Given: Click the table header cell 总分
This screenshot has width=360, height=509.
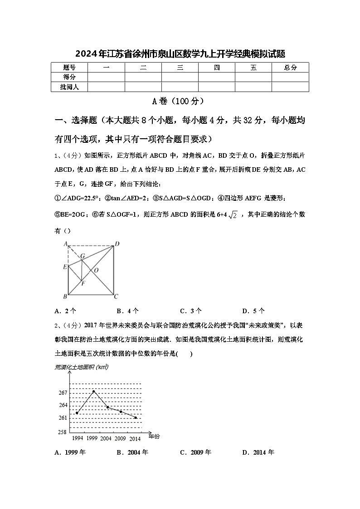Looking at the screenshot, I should coord(290,68).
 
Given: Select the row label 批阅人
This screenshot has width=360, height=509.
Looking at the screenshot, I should coord(69,87).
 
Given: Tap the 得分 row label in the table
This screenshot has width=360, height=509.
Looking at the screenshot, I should coord(69,77).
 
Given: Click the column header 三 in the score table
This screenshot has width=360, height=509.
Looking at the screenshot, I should coord(180,68).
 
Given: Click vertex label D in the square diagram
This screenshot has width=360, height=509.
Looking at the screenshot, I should coord(117,244).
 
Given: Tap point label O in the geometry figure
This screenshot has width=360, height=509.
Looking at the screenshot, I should coord(96,271).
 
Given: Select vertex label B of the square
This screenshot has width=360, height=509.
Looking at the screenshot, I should coord(65,297).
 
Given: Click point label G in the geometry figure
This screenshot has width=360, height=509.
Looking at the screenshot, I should coord(83,256).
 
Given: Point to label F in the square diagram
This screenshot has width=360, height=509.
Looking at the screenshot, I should coord(83,283).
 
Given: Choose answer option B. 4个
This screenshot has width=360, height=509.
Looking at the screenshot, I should coord(128,311).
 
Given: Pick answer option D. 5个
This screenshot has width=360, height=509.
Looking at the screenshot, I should coord(253,311).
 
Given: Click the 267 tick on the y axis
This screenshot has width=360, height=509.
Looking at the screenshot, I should coord(63,393).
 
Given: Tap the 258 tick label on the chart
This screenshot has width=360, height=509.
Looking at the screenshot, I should coord(63,432).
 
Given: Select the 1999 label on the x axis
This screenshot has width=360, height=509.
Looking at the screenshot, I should coord(92,439).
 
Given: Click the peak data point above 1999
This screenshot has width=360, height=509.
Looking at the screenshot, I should coord(94,391).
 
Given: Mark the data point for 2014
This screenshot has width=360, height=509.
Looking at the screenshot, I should coord(136,417).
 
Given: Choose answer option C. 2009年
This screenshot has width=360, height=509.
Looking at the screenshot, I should coord(195,452).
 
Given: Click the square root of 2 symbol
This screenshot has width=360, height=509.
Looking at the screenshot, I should coord(233,215).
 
